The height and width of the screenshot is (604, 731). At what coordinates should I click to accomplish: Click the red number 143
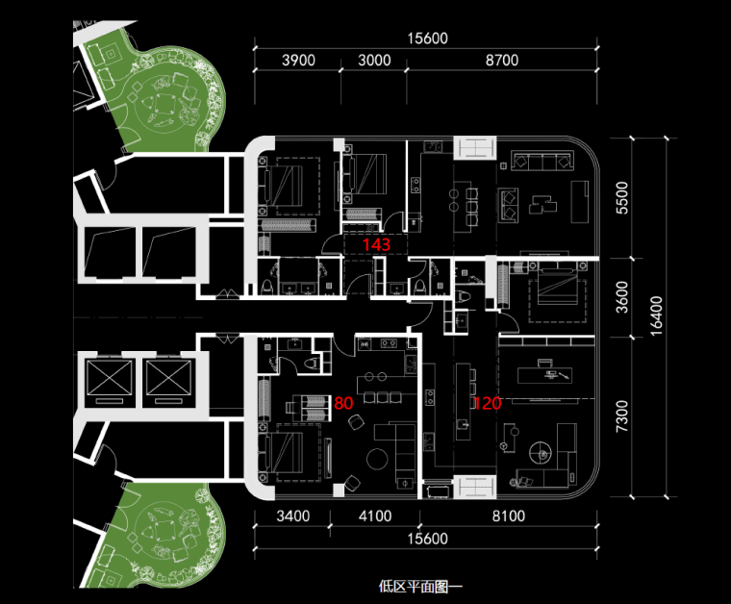click(376, 245)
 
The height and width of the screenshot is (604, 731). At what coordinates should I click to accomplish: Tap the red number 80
click(343, 403)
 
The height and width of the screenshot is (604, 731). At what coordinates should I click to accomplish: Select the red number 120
click(487, 404)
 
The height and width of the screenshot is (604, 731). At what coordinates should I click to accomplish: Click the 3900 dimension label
click(298, 60)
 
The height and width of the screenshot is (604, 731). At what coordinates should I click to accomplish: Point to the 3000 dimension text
click(374, 60)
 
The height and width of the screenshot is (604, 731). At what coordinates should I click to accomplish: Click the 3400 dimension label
click(292, 516)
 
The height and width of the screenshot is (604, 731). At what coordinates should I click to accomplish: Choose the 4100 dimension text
click(374, 516)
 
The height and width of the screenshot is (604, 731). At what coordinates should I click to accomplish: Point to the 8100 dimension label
click(508, 516)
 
